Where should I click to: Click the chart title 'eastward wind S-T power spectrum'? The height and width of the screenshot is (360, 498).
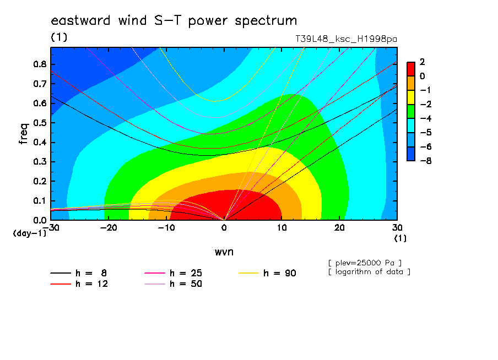[x=174, y=20]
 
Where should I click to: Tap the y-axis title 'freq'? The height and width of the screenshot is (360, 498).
[x=24, y=134]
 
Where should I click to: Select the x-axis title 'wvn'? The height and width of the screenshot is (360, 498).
[x=224, y=252]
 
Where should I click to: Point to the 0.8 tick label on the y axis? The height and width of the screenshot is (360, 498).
[x=40, y=64]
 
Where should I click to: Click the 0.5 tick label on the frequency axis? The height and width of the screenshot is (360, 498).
[x=40, y=123]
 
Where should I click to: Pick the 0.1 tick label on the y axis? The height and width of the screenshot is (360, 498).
[x=40, y=201]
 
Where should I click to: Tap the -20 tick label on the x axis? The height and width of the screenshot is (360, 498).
[x=109, y=228]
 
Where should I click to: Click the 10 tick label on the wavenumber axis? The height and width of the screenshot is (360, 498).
[x=282, y=228]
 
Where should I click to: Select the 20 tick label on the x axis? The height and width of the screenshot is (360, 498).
[x=339, y=228]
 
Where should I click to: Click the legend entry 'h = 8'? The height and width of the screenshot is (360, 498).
[x=78, y=273]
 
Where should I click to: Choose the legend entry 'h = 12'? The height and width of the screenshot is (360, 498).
[x=79, y=284]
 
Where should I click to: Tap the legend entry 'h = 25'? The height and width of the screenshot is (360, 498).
[x=173, y=273]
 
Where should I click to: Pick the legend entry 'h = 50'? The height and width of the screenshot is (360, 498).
[x=173, y=284]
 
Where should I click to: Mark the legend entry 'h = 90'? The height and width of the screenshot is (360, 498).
[x=267, y=273]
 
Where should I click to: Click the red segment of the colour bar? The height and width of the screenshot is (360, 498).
[x=411, y=69]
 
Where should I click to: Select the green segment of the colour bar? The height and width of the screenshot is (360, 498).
[x=411, y=111]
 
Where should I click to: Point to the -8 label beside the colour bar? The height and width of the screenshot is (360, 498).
[x=426, y=161]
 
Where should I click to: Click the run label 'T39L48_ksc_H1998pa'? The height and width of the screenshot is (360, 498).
[x=346, y=39]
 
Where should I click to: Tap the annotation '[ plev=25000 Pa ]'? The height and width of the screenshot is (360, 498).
[x=365, y=263]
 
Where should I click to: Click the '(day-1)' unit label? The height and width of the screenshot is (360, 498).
[x=30, y=233]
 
